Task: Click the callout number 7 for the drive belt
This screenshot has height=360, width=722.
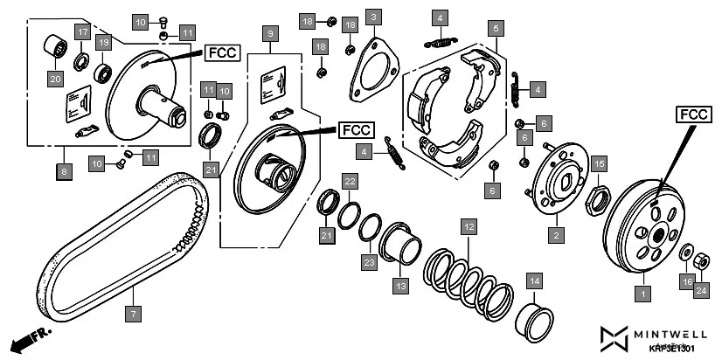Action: [133, 312]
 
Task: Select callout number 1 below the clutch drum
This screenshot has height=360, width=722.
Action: [643, 295]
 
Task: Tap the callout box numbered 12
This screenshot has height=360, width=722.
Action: [469, 226]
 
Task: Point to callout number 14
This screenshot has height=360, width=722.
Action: [533, 280]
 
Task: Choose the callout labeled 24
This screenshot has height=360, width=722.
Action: [701, 290]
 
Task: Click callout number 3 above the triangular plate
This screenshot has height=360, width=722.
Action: [373, 17]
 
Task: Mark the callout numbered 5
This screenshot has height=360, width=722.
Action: [495, 29]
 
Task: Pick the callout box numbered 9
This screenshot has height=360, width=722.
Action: [270, 33]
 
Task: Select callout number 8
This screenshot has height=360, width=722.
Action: [64, 172]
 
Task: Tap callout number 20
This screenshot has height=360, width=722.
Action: [54, 78]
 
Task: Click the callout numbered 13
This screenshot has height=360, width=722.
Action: [400, 285]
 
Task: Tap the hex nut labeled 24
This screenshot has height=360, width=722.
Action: [700, 262]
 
